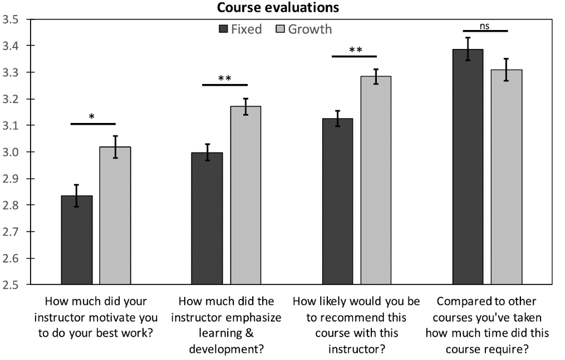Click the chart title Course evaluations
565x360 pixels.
[278, 8]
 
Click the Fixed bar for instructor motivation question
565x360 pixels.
[77, 240]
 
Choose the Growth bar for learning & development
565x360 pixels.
[245, 195]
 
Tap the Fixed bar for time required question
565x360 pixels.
[468, 167]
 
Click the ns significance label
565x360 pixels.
[485, 25]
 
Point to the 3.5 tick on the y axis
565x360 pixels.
[10, 20]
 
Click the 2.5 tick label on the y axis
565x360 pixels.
[10, 285]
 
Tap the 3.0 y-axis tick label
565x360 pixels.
[10, 152]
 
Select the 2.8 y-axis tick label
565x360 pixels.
[10, 205]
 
